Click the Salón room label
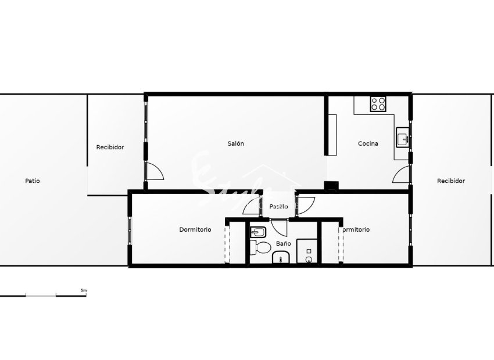pyautogui.click(x=235, y=143)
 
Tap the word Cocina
pyautogui.click(x=368, y=143)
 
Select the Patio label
pyautogui.click(x=33, y=181)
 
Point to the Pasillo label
pyautogui.click(x=279, y=206)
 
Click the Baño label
pyautogui.click(x=283, y=244)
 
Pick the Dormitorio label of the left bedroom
pyautogui.click(x=195, y=229)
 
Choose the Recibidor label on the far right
pyautogui.click(x=451, y=181)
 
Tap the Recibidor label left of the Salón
pyautogui.click(x=110, y=147)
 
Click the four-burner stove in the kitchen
pyautogui.click(x=378, y=104)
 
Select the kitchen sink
pyautogui.click(x=402, y=138)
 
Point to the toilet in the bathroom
pyautogui.click(x=260, y=248)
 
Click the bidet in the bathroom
pyautogui.click(x=257, y=233)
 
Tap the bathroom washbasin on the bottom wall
pyautogui.click(x=281, y=258)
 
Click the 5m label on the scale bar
pyautogui.click(x=83, y=290)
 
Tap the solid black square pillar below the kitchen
pyautogui.click(x=331, y=186)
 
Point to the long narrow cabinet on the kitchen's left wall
pyautogui.click(x=332, y=135)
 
